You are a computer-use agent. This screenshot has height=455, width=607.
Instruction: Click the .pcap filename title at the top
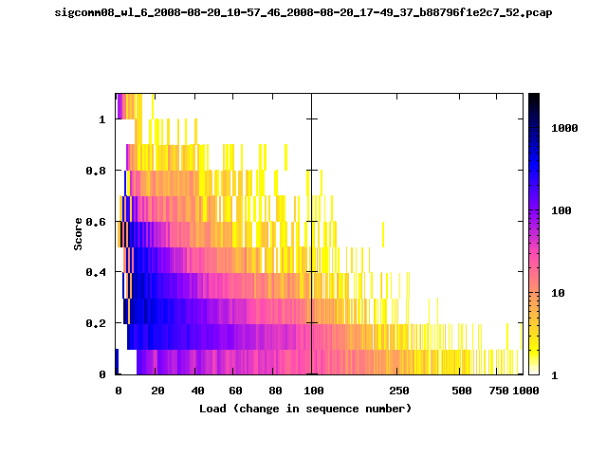303,12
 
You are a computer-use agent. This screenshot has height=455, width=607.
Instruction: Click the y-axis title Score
78,234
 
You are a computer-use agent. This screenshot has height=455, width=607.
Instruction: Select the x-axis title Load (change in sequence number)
305,409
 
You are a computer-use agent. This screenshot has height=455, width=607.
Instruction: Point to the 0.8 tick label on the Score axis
96,171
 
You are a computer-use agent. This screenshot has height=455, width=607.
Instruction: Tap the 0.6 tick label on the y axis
96,222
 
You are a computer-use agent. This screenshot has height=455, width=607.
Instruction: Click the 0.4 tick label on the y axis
96,272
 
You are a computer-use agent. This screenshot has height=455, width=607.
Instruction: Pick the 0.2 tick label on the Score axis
96,323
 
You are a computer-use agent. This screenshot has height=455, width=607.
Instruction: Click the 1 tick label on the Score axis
102,119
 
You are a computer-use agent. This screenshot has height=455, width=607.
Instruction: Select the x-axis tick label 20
157,391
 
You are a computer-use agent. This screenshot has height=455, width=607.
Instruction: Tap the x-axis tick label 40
197,391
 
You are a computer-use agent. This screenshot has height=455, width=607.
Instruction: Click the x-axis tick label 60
235,391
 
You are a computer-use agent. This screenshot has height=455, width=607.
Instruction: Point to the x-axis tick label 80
275,391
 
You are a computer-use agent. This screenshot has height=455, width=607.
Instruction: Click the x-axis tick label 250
399,391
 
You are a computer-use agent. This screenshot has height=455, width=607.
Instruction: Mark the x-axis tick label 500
462,391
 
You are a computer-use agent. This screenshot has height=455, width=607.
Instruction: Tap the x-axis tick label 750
499,391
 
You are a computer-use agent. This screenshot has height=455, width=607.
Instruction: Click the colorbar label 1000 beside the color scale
564,128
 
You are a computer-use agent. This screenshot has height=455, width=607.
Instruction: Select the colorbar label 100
561,210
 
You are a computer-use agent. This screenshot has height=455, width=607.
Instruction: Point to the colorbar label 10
558,293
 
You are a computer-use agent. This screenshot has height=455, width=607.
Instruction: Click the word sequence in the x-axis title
332,409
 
